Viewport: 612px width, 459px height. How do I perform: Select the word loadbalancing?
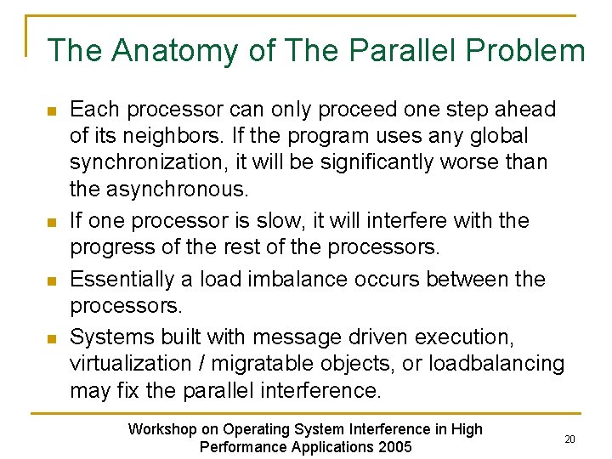click(x=496, y=364)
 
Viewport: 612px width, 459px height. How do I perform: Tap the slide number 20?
click(x=569, y=439)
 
